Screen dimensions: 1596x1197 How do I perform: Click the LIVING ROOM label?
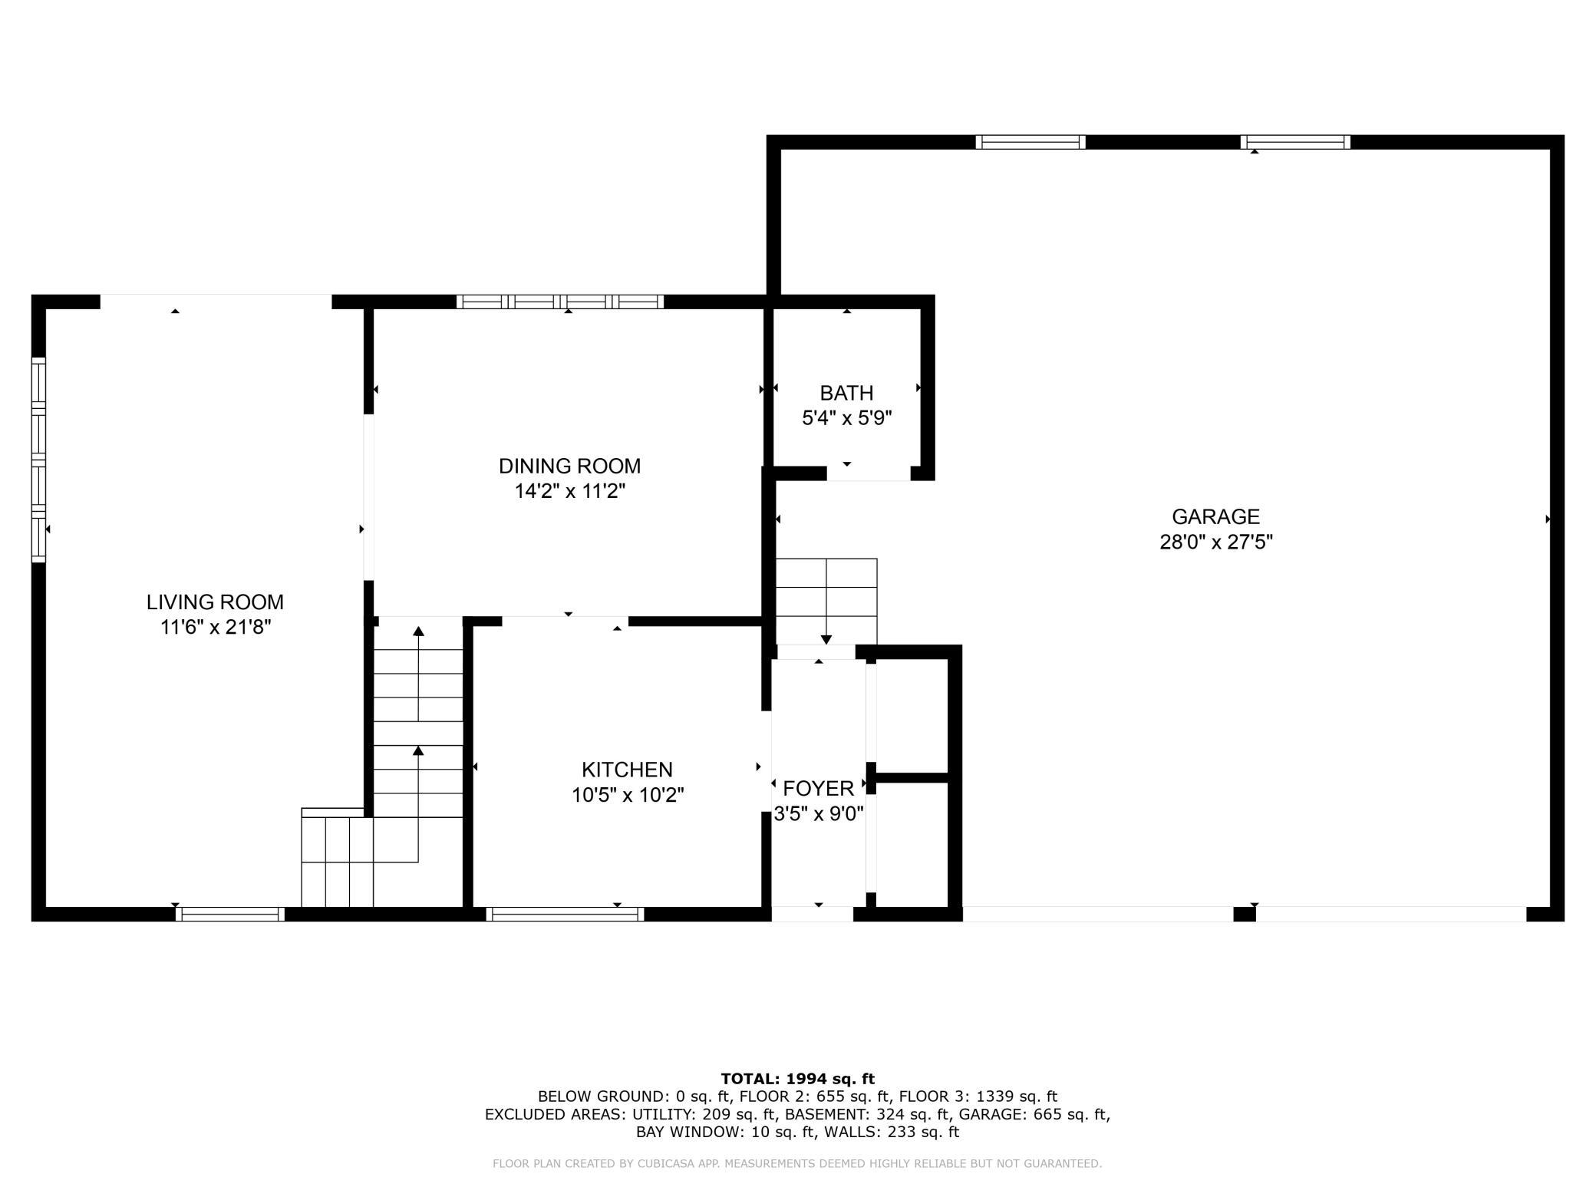[215, 602]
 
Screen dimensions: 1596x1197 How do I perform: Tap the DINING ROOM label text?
[569, 466]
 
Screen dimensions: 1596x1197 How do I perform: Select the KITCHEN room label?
[627, 770]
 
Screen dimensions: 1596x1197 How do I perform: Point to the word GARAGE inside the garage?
[1215, 516]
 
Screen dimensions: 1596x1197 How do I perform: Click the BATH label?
[846, 393]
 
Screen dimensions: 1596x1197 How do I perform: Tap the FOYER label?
[818, 788]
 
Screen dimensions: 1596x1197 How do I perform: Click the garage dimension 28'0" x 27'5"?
[1215, 542]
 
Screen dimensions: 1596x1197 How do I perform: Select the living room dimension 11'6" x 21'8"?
[216, 628]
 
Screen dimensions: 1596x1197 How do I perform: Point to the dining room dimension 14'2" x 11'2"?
[569, 491]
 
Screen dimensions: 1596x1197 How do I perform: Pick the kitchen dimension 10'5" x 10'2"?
[627, 795]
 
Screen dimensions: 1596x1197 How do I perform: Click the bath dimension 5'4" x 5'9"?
[846, 418]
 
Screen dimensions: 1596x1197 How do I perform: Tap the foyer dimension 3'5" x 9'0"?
[818, 813]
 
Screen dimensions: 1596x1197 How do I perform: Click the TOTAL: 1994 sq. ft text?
[797, 1079]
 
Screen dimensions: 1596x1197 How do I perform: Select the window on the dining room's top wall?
[560, 302]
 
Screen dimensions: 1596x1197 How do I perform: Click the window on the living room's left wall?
[38, 460]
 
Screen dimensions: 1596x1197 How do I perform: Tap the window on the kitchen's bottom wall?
[565, 914]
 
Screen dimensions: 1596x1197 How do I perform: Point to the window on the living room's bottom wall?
[230, 914]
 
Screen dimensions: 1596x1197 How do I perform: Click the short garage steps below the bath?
[826, 602]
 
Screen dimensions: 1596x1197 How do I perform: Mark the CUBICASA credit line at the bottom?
[797, 1164]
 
